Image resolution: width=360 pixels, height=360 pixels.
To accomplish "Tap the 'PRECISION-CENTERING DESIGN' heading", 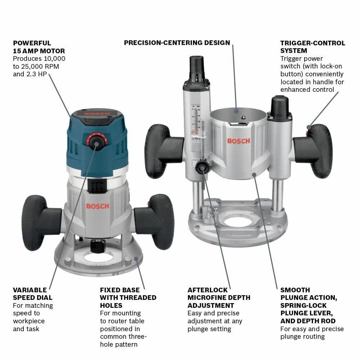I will [x=177, y=43].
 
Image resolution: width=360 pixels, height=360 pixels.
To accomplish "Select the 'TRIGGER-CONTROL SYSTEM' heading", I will [x=312, y=47].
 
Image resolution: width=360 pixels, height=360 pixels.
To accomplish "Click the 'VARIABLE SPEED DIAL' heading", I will [x=32, y=294].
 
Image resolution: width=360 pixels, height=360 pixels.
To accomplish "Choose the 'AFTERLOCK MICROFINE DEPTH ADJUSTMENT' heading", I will [x=219, y=298].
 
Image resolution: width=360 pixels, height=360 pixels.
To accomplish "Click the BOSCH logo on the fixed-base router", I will [x=97, y=206].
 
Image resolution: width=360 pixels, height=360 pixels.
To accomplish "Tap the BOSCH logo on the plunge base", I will [x=238, y=141].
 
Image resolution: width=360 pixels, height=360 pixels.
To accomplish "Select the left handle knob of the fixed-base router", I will [x=34, y=222].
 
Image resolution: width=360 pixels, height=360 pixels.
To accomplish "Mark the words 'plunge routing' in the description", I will [x=302, y=337].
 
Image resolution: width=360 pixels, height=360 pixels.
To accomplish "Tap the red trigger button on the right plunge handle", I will [x=308, y=127].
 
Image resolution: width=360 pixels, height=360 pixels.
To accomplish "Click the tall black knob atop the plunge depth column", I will [x=197, y=67].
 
